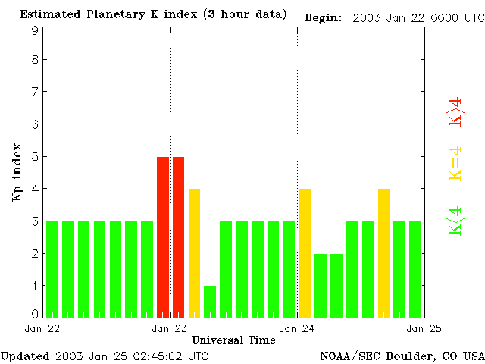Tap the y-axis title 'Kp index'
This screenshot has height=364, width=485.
pyautogui.click(x=16, y=172)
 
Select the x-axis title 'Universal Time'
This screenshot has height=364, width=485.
pyautogui.click(x=233, y=339)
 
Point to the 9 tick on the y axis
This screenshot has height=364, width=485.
pyautogui.click(x=35, y=31)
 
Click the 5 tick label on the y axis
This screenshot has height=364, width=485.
pyautogui.click(x=35, y=157)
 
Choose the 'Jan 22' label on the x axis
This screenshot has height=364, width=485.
pyautogui.click(x=42, y=328)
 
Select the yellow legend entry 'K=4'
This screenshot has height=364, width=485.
pyautogui.click(x=455, y=163)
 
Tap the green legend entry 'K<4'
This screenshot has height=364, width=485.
pyautogui.click(x=455, y=221)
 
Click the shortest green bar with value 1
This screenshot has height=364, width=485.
pyautogui.click(x=210, y=301)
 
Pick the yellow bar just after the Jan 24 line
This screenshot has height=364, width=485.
pyautogui.click(x=305, y=253)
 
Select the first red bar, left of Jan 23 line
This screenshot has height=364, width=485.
pyautogui.click(x=162, y=237)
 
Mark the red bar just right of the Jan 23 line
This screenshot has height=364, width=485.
pyautogui.click(x=178, y=237)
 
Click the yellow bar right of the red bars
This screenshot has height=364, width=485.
pyautogui.click(x=194, y=253)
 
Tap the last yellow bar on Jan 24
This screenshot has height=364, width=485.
pyautogui.click(x=383, y=253)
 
